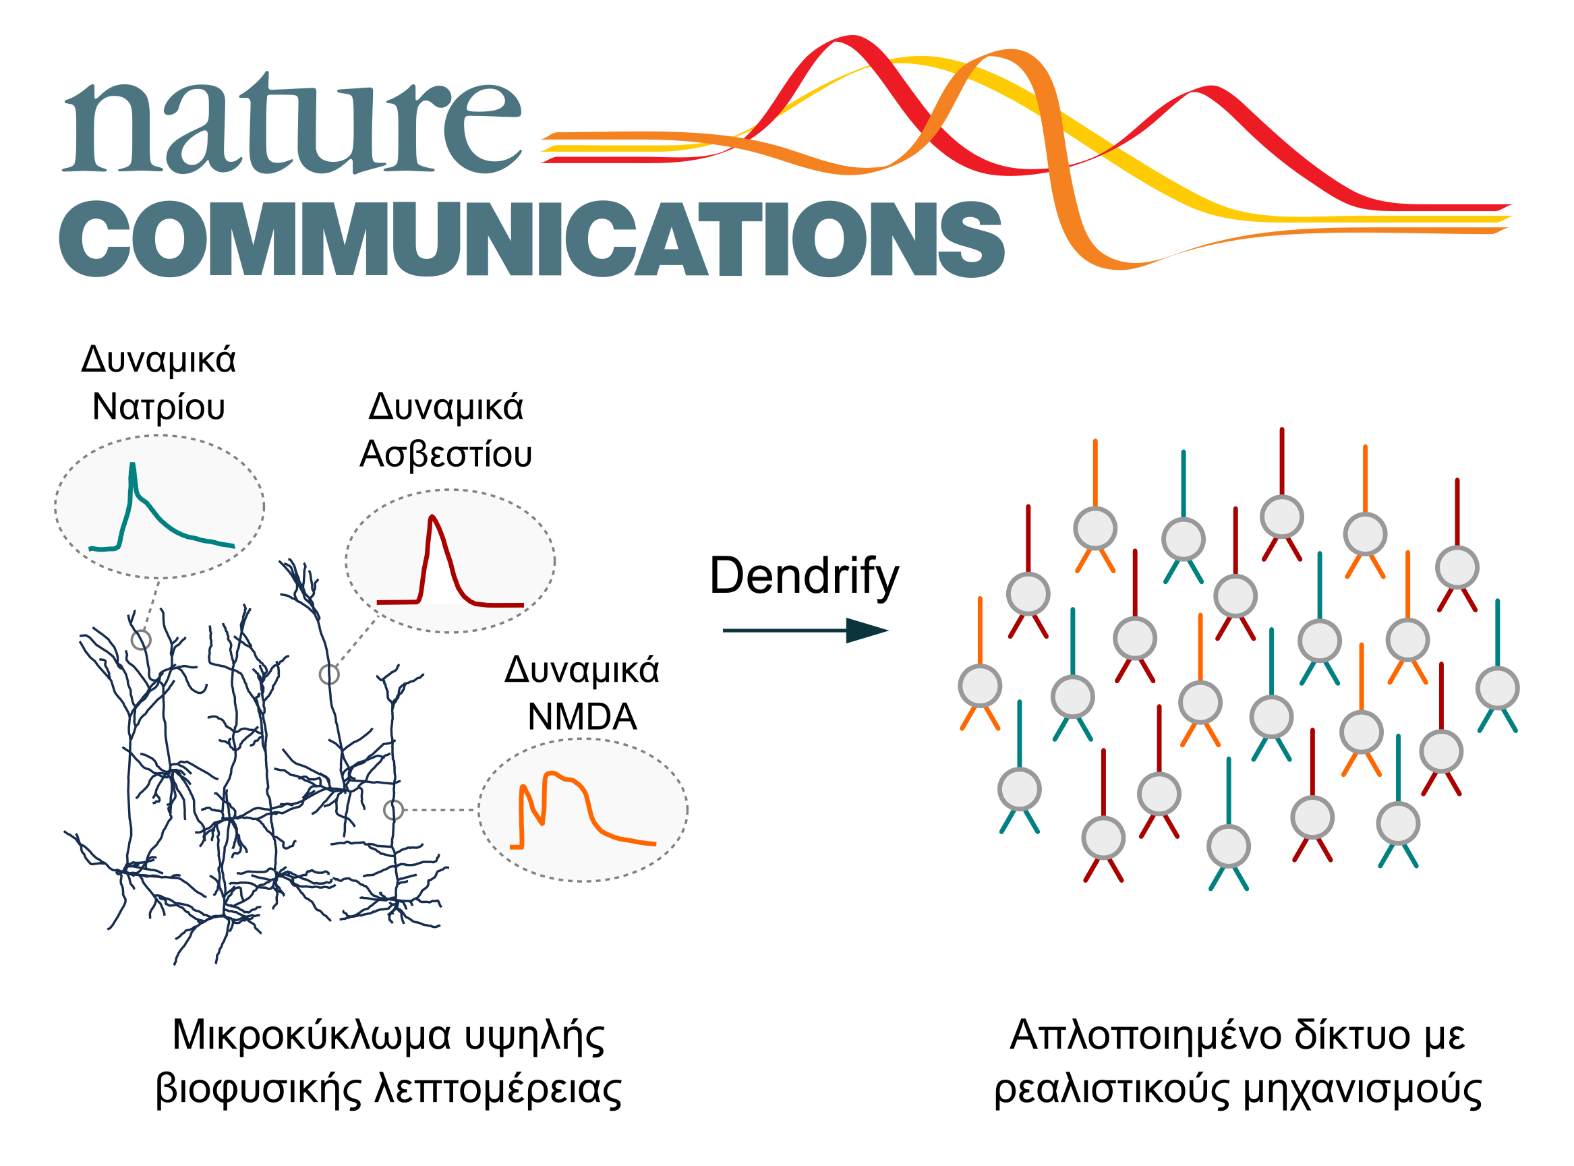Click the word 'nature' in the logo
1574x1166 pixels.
pos(291,123)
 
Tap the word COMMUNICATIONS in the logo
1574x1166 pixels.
pos(531,239)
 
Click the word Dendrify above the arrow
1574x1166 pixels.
pos(804,577)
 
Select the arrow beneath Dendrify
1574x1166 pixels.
pos(805,631)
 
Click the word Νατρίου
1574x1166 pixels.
pos(158,407)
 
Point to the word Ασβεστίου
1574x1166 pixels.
pos(445,455)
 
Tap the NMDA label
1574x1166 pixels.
pos(582,717)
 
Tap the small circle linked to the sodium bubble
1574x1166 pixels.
pos(141,639)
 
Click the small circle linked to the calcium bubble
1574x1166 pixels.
pos(329,675)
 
